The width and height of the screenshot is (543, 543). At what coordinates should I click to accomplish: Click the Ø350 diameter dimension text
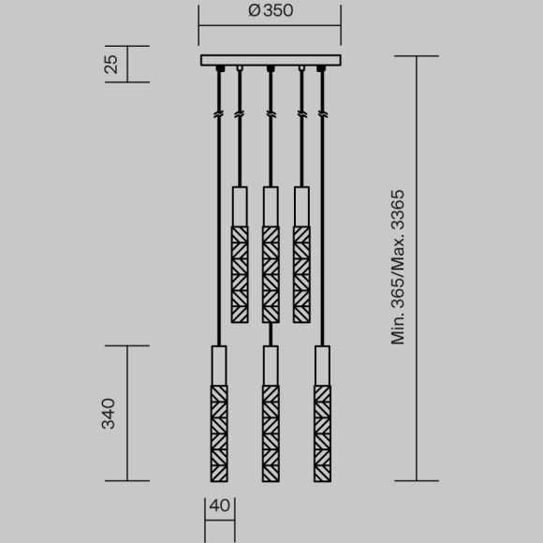click(270, 12)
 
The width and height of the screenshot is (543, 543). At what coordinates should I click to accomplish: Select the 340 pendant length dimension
click(109, 413)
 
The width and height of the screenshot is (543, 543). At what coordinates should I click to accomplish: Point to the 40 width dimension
click(220, 506)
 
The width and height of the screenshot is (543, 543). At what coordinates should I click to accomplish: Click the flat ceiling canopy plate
click(270, 61)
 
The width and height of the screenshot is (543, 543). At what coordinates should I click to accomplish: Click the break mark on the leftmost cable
click(219, 113)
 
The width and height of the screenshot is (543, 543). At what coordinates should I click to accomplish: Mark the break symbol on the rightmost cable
click(322, 113)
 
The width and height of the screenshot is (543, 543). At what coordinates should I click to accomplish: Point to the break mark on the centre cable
click(270, 113)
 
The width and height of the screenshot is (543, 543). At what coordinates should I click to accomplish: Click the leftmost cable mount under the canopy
click(219, 69)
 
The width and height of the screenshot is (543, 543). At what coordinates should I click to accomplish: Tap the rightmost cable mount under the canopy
click(322, 69)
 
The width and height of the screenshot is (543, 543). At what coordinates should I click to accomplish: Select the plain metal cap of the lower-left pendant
click(219, 364)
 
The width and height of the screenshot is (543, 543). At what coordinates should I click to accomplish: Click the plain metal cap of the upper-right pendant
click(301, 205)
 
